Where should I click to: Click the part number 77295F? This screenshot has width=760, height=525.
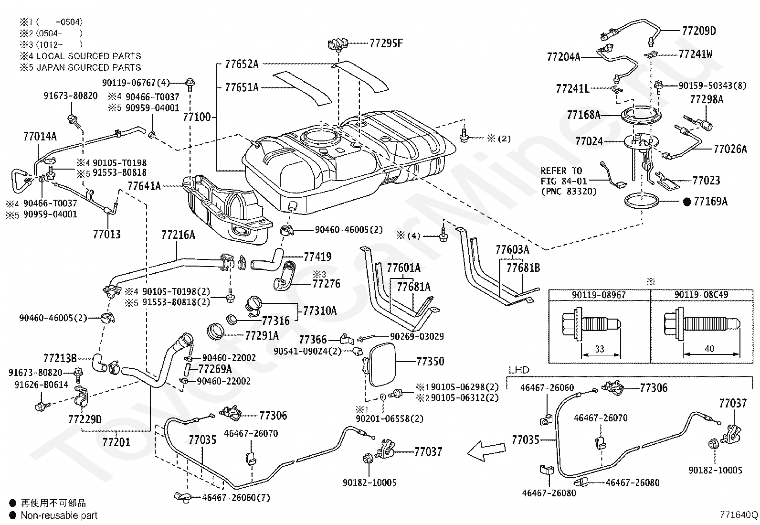[386, 43]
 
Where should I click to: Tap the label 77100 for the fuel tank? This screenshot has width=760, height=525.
[197, 117]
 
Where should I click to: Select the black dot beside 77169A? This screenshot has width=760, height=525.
[686, 202]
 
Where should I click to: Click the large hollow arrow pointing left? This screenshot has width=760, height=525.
[486, 450]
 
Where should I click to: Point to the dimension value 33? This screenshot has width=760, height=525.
[600, 349]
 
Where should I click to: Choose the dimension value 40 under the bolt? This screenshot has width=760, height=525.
[709, 348]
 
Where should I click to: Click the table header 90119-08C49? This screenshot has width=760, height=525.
[701, 294]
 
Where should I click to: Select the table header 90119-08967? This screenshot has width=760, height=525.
[599, 294]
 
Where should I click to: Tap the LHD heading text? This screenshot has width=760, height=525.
[519, 370]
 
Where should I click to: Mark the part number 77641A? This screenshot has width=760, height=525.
[144, 186]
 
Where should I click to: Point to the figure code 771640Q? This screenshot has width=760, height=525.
[739, 515]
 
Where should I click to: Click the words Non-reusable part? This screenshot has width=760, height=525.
[59, 515]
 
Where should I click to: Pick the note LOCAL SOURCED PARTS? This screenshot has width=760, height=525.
[88, 56]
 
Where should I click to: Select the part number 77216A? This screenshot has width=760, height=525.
[178, 235]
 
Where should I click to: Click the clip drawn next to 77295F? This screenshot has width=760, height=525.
[338, 45]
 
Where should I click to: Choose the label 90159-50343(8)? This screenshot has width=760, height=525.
[712, 86]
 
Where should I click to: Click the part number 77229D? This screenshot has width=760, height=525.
[85, 419]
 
